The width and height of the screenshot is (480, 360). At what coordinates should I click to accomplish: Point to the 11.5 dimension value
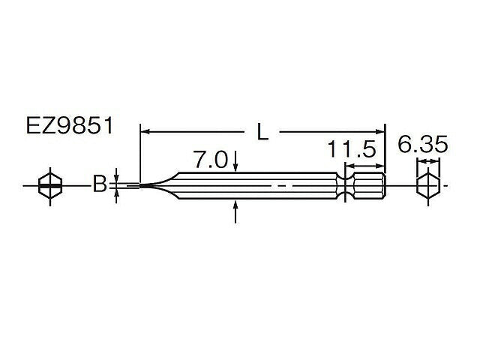point(351,148)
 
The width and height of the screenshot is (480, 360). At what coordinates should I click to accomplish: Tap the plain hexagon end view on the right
point(427,184)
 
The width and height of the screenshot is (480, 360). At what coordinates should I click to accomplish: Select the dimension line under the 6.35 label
point(427,162)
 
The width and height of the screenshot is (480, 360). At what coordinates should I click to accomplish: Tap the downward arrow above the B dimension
point(117,173)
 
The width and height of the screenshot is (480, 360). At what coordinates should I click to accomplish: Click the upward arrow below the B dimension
point(117,196)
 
